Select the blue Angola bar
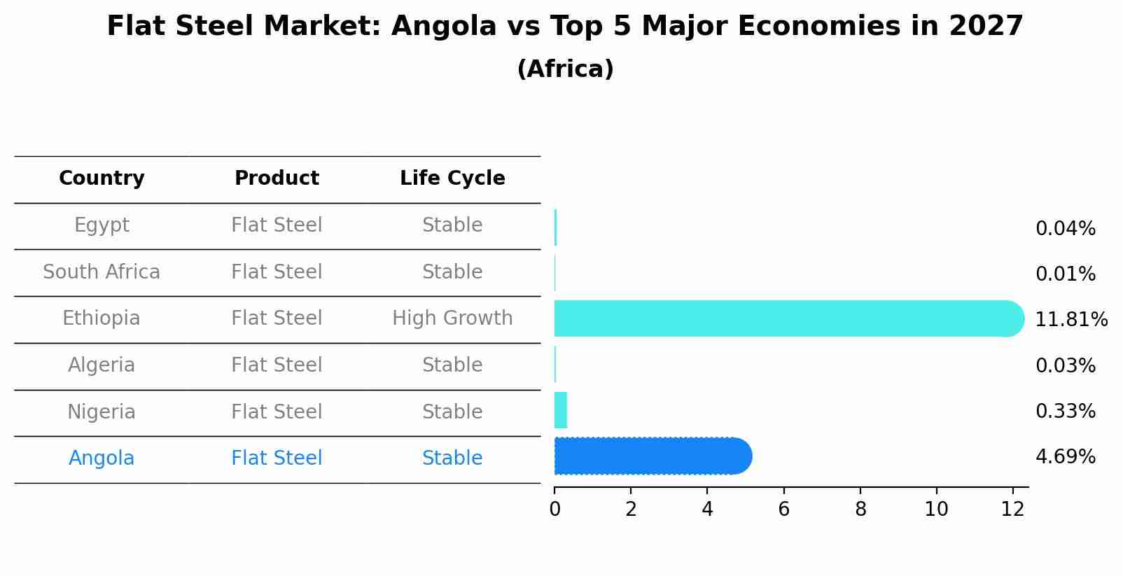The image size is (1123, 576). (651, 456)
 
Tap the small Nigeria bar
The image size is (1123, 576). (560, 410)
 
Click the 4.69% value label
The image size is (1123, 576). (1065, 457)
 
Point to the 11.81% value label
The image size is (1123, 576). (1070, 320)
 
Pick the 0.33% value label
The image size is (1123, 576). (1065, 412)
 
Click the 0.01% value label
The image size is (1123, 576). (1065, 274)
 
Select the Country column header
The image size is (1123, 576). (102, 178)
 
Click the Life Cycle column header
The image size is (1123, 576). (452, 178)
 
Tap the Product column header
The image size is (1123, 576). (277, 178)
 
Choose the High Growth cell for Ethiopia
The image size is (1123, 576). (452, 318)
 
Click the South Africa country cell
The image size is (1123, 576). (102, 272)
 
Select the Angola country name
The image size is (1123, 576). (102, 458)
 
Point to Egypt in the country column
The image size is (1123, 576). (102, 225)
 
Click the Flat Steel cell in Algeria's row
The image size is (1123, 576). (277, 365)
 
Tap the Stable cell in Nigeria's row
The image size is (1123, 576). (452, 412)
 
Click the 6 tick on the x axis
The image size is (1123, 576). (783, 510)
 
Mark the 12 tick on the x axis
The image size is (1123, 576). (1012, 510)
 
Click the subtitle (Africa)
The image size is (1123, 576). (565, 69)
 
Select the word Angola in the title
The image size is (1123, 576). (443, 27)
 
